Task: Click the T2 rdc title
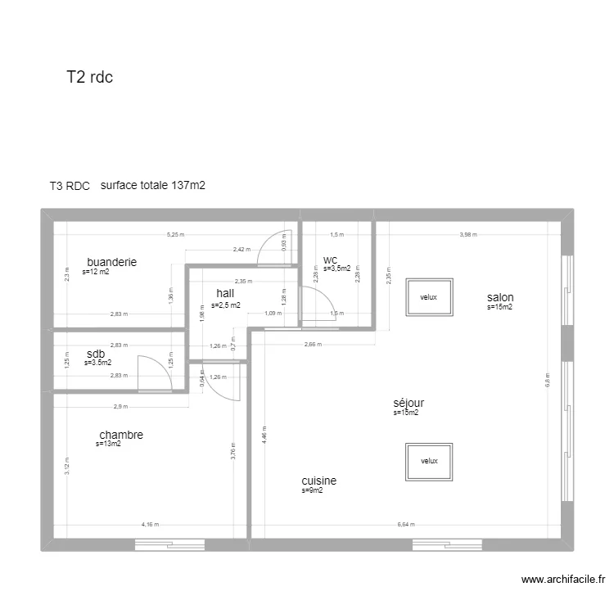89,77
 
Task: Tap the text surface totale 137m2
152,185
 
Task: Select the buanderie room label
111,262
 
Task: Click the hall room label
225,293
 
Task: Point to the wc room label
330,260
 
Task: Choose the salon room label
500,297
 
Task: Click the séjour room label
409,403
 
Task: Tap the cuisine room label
318,481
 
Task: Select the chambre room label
121,435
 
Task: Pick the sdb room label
95,354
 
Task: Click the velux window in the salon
430,297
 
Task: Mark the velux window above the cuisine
430,461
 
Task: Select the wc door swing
315,304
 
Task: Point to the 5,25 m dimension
175,234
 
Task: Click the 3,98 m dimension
467,234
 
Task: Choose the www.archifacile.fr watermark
564,580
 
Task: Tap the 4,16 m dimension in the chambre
150,525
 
